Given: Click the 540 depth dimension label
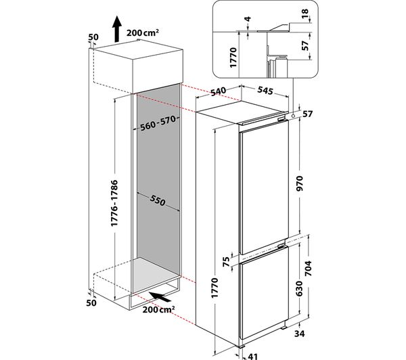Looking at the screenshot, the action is tap(219, 92).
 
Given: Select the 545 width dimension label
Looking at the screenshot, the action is tap(265, 91).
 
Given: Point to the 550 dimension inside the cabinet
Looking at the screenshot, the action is tap(158, 199).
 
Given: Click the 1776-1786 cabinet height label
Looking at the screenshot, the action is tap(114, 203).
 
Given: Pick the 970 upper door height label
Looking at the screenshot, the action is tap(299, 183).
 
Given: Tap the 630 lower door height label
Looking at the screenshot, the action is tap(299, 288).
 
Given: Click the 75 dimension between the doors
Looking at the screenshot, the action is tap(226, 262).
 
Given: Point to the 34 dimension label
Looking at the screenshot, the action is tap(299, 334).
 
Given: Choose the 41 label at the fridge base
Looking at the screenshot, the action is tap(252, 357).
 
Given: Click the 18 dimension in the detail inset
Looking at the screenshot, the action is tap(305, 13).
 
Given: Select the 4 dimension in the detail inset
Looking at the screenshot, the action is tap(248, 19).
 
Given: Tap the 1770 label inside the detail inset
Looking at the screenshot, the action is tap(233, 58).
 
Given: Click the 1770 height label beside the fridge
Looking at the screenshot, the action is tap(215, 288).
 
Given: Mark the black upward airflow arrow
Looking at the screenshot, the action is tap(117, 28).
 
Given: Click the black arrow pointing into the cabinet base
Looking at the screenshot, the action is tap(160, 296).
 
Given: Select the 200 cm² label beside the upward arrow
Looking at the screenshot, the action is tap(142, 32).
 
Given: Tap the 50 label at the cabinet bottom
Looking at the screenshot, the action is tap(91, 302).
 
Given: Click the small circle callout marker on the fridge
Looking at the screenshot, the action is tap(293, 116).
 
